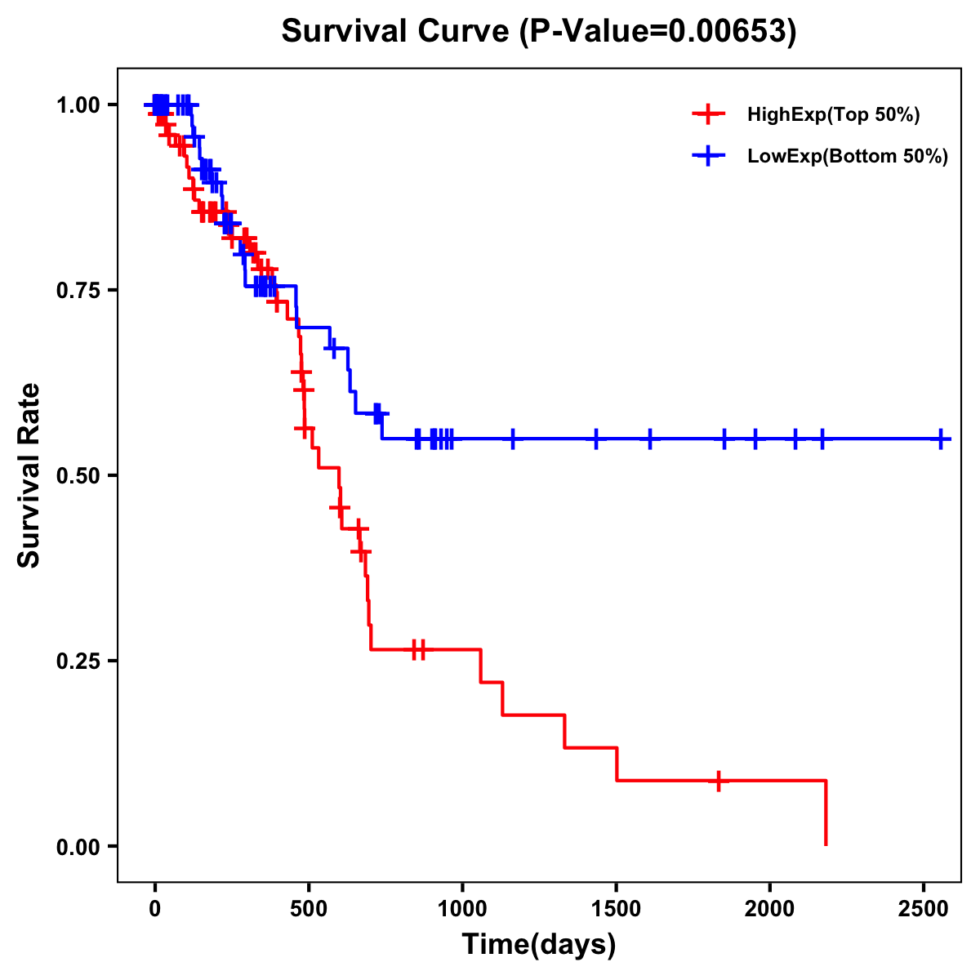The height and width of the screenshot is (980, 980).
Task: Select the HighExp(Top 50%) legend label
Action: tap(833, 115)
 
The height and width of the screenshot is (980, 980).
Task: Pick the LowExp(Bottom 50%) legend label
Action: tap(848, 157)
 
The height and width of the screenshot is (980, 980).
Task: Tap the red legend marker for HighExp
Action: tap(708, 115)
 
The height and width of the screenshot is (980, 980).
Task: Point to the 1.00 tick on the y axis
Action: tap(78, 105)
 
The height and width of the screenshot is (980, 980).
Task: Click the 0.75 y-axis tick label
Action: tap(78, 291)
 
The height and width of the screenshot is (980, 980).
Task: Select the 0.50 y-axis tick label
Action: tap(78, 476)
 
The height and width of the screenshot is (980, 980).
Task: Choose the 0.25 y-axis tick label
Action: tap(78, 661)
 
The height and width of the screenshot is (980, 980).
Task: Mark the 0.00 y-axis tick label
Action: tap(78, 847)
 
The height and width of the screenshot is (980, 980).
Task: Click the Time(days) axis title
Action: tap(539, 945)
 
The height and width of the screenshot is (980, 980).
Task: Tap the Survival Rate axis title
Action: tap(29, 475)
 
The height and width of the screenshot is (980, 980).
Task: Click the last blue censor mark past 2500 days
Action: tap(942, 439)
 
